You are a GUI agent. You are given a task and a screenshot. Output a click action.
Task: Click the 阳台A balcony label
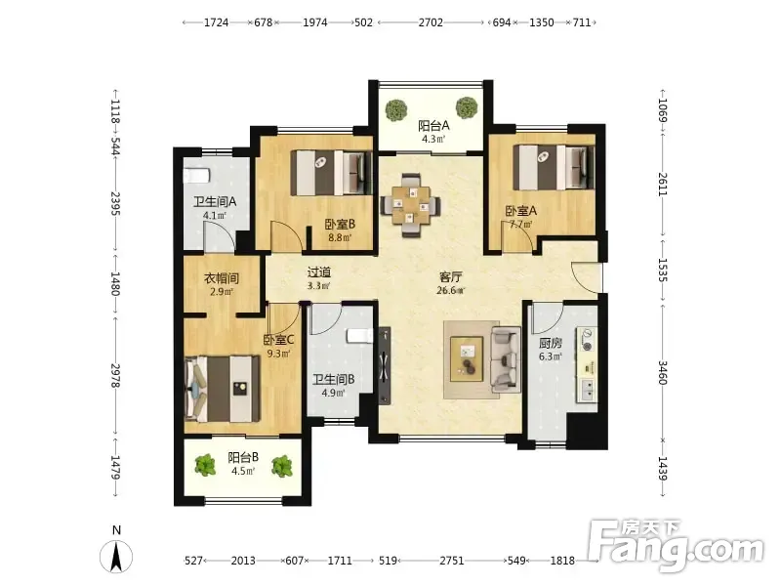point(433,125)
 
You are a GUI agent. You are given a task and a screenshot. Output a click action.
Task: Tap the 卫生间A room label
point(215,202)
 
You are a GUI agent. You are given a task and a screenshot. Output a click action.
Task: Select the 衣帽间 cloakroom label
point(222,278)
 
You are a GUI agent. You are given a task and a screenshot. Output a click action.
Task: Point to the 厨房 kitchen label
point(551,343)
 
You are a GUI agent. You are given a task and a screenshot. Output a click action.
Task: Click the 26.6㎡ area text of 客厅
point(450,290)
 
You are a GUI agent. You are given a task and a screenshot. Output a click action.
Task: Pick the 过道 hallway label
point(319,272)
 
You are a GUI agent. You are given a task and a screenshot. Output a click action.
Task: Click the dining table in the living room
point(410,204)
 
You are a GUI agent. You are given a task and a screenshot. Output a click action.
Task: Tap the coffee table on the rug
point(467,358)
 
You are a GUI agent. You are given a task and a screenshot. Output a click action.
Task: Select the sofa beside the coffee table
point(506,358)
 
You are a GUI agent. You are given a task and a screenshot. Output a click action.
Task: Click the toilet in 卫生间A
point(196,176)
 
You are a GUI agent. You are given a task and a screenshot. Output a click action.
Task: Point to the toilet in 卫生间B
point(359,335)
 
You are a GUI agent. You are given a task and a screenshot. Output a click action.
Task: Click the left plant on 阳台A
point(396,110)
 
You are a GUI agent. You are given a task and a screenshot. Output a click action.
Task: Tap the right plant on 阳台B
point(282,467)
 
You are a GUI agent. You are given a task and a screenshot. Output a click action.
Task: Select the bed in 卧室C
point(223,389)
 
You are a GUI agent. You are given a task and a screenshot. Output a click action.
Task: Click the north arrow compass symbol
point(116,556)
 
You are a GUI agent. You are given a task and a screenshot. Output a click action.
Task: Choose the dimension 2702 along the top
point(431,22)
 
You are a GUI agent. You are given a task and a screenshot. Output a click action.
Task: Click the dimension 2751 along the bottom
point(452,561)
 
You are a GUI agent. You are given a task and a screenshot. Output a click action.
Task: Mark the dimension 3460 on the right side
point(663,373)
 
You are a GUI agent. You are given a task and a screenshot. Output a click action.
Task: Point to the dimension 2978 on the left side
point(115,376)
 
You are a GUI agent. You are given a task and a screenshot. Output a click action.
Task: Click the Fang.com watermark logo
point(676,546)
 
